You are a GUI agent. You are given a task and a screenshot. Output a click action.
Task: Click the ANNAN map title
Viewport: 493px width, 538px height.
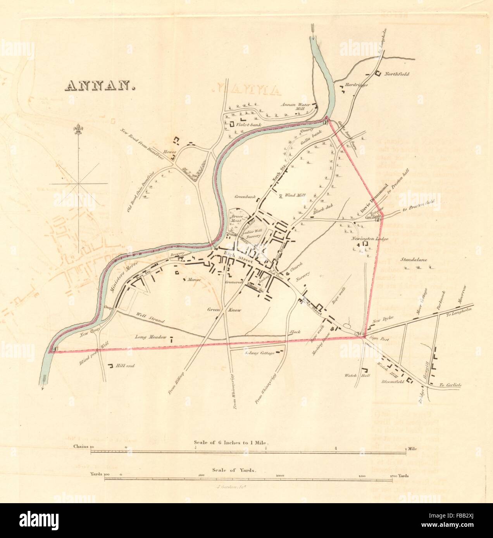pos(100,86)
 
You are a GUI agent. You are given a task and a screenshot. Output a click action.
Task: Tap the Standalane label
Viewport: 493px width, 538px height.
pos(414,260)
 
